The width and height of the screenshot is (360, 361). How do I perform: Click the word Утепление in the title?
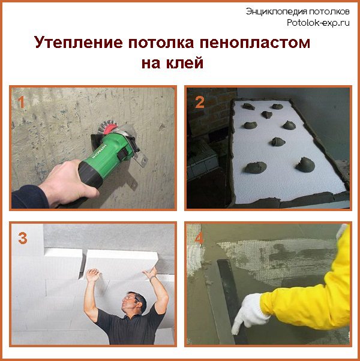coord(79,44)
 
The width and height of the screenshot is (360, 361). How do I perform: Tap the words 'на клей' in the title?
coord(173,63)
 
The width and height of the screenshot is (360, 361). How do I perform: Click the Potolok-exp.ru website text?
coord(319,23)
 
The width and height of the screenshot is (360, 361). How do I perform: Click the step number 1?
coord(22,102)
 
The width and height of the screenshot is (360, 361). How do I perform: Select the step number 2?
coord(199,102)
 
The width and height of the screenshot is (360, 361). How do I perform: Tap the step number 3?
coord(23,238)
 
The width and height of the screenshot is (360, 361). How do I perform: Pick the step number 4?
coord(198,238)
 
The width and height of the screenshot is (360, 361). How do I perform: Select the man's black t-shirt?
coord(127,330)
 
